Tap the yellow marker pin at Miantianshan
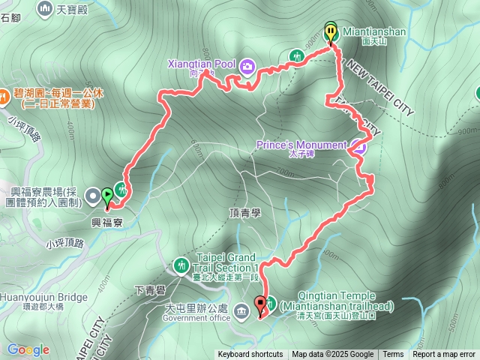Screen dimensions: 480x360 (331, 32)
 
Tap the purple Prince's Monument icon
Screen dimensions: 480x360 (358, 146)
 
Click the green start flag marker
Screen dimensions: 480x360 (107, 197)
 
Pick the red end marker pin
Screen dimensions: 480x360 (261, 305)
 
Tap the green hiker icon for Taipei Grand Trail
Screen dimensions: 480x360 (181, 265)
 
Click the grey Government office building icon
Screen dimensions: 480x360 (242, 310)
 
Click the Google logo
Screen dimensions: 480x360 (28, 349)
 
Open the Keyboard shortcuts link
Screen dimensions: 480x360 (250, 355)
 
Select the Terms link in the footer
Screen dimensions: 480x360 (393, 355)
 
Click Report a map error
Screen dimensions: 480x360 (444, 355)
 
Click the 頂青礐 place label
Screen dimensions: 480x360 (244, 213)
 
